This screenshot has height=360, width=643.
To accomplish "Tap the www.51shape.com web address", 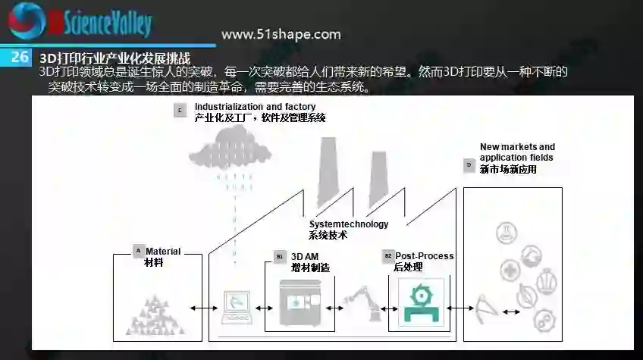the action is tap(281, 34).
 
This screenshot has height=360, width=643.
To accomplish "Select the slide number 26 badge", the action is tap(20, 57).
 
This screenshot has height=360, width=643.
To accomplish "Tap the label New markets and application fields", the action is tap(516, 152).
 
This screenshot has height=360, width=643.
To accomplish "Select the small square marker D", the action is tap(469, 164).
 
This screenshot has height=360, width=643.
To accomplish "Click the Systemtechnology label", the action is tap(348, 224).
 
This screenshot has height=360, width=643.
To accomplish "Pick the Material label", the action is tap(163, 251).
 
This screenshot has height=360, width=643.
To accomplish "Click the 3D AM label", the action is tap(304, 257).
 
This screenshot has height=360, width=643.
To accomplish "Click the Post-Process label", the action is tap(424, 256).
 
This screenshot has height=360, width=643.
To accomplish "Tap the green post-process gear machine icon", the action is tap(417, 301).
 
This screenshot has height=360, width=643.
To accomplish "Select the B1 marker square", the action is tap(280, 257).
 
